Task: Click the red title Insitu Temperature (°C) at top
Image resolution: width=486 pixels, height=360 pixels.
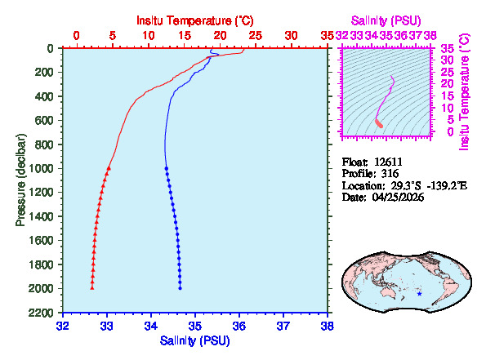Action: [x=195, y=19]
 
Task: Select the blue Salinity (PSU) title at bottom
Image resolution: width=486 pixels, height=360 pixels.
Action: [x=194, y=340]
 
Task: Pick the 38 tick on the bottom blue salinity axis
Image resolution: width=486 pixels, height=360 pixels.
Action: [x=327, y=325]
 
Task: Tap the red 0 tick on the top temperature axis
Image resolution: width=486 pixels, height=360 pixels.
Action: [x=76, y=36]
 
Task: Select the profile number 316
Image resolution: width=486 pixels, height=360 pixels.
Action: [x=389, y=174]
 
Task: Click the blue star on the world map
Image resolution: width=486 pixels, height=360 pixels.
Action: [x=420, y=293]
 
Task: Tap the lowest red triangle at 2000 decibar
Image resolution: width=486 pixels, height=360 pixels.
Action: [x=91, y=288]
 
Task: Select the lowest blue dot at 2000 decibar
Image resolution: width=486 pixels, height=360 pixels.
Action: [x=180, y=288]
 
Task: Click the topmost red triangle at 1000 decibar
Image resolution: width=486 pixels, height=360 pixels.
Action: [x=109, y=168]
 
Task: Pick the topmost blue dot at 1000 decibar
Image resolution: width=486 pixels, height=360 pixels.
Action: [x=167, y=168]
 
